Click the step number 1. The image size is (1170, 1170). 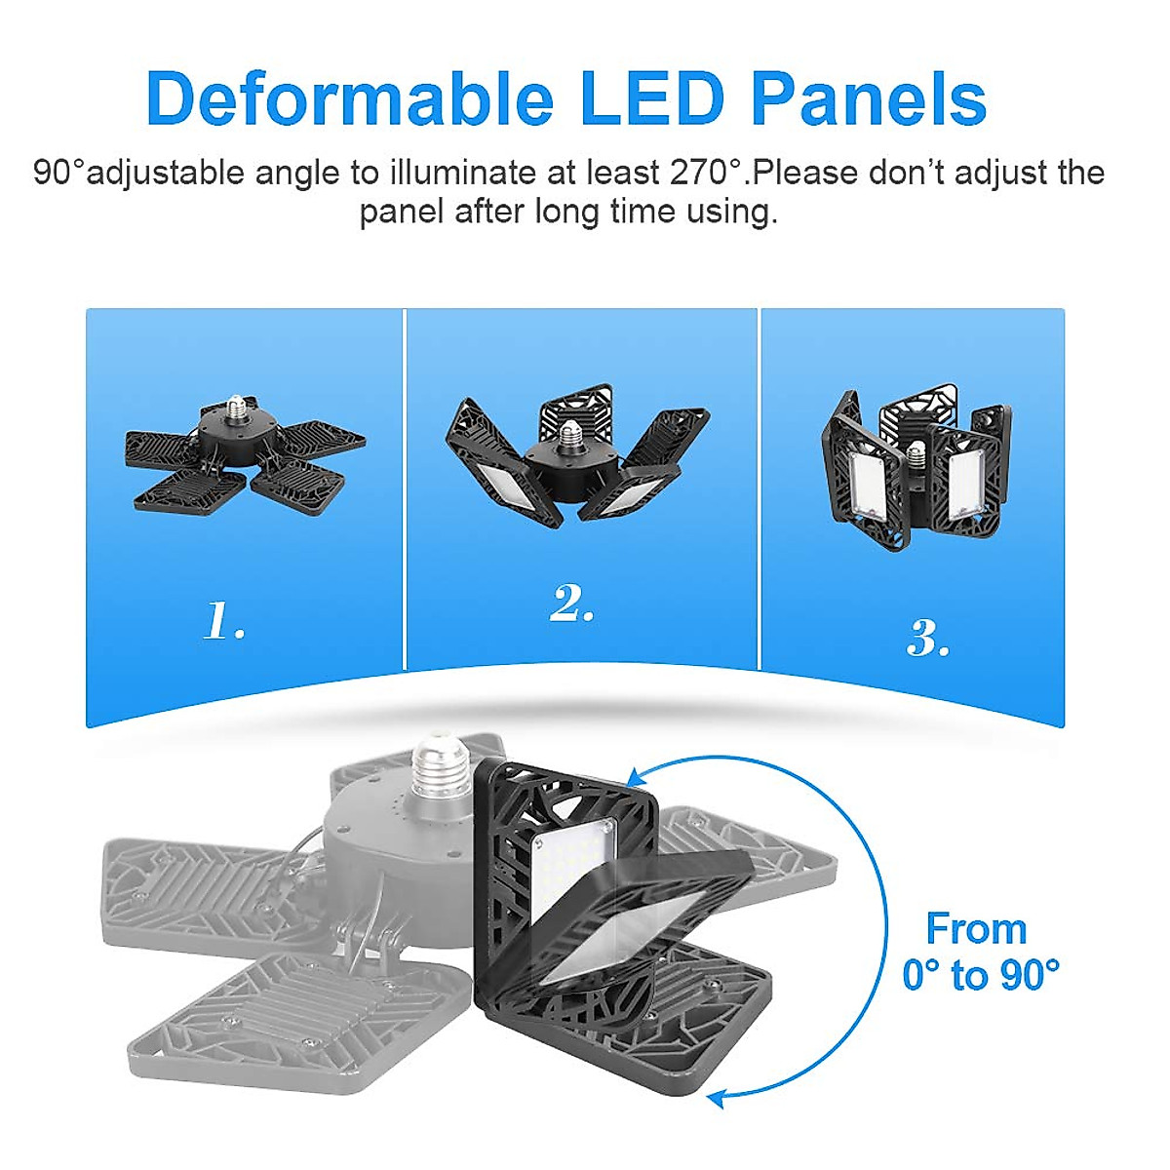click(224, 621)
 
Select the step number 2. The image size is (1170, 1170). click(572, 604)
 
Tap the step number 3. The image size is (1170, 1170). click(928, 639)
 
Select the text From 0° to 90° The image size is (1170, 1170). click(978, 951)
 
